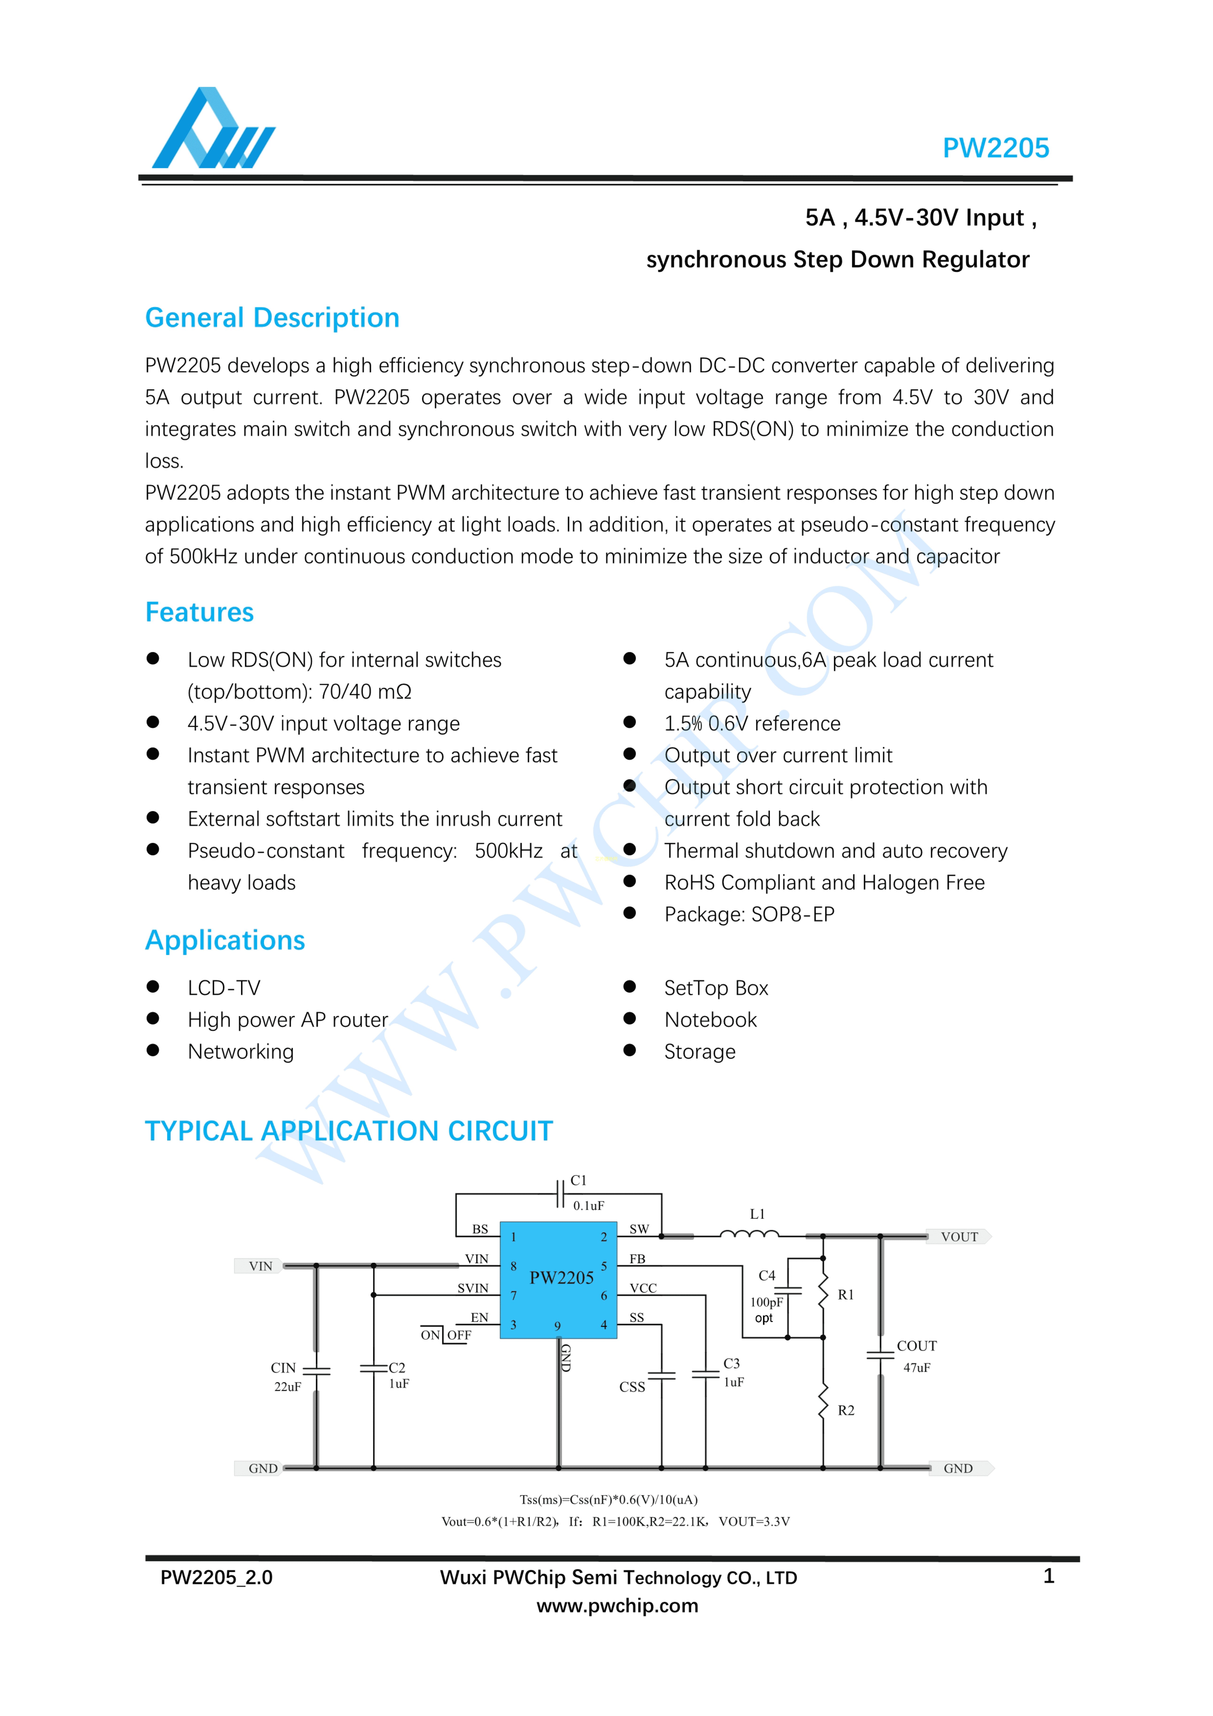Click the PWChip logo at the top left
[213, 128]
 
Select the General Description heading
[272, 318]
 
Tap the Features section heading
[200, 612]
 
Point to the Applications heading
[225, 940]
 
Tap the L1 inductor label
[757, 1214]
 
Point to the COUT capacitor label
[916, 1346]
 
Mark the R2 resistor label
[845, 1410]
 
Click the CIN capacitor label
[283, 1368]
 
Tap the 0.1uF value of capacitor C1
[588, 1206]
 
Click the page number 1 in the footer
[1049, 1576]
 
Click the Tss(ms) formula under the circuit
[608, 1499]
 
